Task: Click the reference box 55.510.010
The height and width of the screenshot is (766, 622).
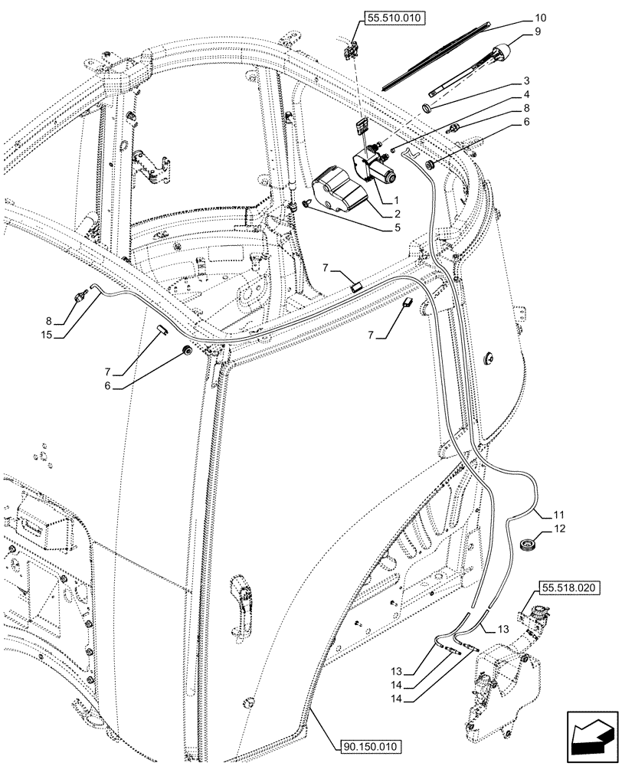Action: click(x=394, y=21)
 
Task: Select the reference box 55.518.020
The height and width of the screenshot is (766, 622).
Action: click(x=570, y=588)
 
